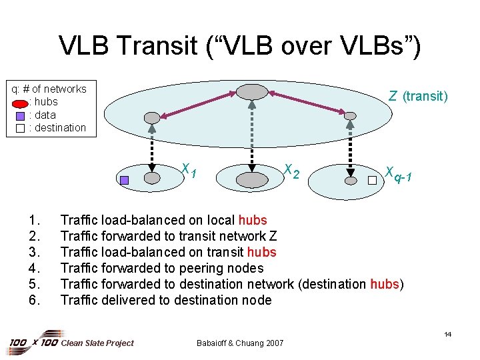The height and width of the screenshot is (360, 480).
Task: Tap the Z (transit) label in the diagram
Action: point(418,97)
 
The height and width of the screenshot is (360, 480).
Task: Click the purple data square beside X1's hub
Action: point(125,179)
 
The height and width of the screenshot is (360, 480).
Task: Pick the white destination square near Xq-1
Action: point(372,179)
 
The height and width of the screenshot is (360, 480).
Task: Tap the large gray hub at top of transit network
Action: point(251,91)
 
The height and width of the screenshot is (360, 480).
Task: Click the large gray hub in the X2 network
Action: point(251,179)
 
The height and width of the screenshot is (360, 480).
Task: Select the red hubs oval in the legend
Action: point(20,103)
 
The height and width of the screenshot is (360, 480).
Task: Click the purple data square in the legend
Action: point(20,115)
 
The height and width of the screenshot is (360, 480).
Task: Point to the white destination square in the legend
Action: point(20,128)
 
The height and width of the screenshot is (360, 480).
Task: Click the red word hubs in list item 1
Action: point(252,220)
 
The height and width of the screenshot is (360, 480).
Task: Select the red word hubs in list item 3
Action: point(261,252)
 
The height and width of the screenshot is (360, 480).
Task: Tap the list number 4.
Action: point(34,268)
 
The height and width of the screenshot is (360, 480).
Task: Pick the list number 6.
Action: point(34,300)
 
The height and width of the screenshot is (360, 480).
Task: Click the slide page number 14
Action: point(447,334)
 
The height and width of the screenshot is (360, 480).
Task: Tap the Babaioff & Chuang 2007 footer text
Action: point(240,343)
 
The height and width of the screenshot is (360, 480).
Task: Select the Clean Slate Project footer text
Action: point(97,343)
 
